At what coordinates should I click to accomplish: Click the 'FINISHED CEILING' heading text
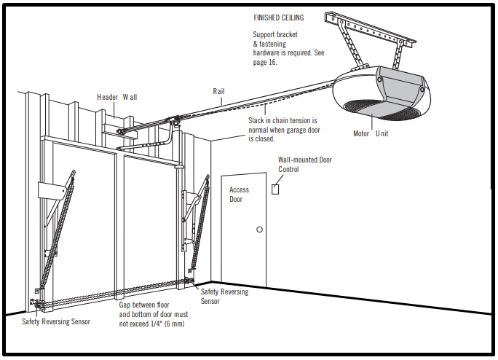278,17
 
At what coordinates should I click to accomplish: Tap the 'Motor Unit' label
371,133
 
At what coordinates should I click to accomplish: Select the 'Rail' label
218,92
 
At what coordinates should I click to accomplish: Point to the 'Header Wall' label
116,97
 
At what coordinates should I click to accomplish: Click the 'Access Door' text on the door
239,195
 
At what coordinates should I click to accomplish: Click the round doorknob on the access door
258,230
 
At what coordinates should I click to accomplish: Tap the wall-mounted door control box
275,189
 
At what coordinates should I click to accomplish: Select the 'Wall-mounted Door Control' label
304,165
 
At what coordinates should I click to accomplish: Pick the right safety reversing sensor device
190,281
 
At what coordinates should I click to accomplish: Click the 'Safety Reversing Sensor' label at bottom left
56,321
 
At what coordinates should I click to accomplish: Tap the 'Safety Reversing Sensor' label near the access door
224,296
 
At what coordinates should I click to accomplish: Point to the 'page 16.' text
266,63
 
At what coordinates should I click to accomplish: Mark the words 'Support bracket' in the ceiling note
275,34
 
